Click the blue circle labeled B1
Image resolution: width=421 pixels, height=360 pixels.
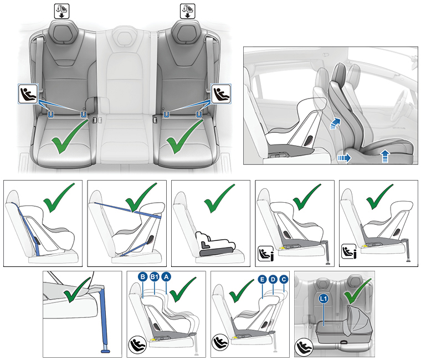coord(155,277)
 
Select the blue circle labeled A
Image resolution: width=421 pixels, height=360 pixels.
coord(166,277)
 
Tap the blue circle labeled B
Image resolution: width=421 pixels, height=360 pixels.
coord(143,277)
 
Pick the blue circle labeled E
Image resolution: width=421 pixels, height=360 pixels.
coord(262,280)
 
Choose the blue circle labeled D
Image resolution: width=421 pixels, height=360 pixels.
coord(273,280)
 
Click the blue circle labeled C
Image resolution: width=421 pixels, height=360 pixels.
coord(284,280)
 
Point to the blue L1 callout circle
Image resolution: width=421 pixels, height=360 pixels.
coord(324,299)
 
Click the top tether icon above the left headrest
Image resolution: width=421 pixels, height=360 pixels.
coord(61,11)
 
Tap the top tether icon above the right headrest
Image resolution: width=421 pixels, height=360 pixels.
coord(187,11)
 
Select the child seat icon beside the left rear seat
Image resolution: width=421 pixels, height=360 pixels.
coord(28,94)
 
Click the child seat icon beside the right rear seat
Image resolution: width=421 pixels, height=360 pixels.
coord(221,94)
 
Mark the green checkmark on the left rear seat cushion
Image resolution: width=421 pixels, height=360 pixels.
coord(69,137)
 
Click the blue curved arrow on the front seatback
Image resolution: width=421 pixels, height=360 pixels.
coord(335,124)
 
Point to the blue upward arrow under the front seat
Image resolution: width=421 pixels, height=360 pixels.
coord(385,156)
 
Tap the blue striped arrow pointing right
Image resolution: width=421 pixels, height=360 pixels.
coord(344,158)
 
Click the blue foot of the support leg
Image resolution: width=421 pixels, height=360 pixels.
coord(105,351)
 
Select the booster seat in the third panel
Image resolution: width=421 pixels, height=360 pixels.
coord(215,244)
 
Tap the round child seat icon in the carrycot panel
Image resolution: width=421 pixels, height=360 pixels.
coord(304,347)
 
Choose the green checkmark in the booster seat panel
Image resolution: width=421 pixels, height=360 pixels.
coord(219,198)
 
